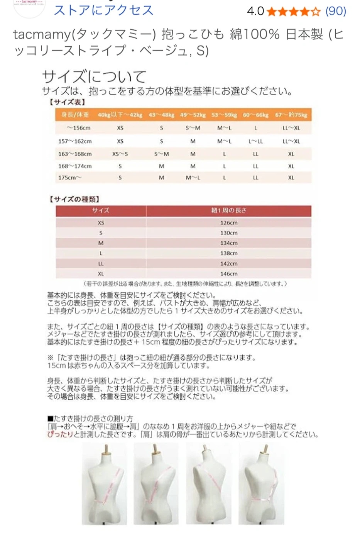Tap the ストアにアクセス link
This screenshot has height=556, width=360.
pos(103,10)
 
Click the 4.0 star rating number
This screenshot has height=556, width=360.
pos(255,11)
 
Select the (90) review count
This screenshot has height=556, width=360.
pos(336,11)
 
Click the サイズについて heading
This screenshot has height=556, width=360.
pos(94,76)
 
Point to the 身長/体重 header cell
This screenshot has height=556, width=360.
pos(75,115)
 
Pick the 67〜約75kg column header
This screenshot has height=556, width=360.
pos(291,115)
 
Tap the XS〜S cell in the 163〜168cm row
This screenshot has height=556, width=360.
pos(120,154)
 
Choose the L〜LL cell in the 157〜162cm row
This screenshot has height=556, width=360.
pos(255,141)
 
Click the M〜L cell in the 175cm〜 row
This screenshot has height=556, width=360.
pos(193,178)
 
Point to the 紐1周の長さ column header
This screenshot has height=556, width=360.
pos(228,210)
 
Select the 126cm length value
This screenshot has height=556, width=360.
pos(229,223)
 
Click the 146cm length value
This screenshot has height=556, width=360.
pos(229,274)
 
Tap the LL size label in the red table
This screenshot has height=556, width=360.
pos(101,264)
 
